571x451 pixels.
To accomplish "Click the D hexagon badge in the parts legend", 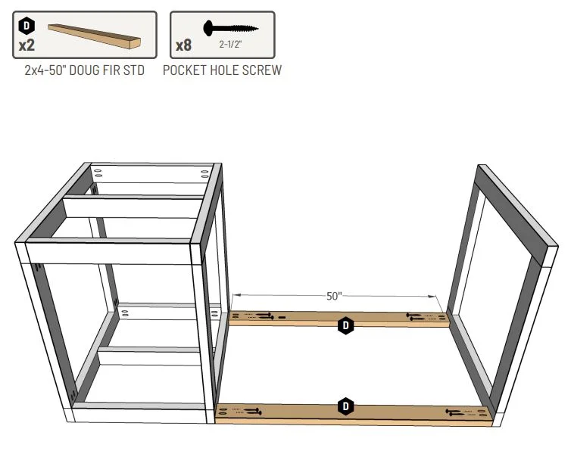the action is click(x=27, y=26).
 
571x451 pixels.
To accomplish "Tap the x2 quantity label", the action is click(x=27, y=45).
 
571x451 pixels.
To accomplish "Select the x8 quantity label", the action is click(x=183, y=45).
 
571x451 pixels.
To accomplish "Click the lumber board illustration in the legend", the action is click(x=95, y=36).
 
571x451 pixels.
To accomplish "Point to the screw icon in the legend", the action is click(x=230, y=28).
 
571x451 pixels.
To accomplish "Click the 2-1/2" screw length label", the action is click(x=230, y=45).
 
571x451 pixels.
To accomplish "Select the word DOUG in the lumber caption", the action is click(x=83, y=70).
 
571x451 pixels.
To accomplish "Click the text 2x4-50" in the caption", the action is click(x=45, y=70).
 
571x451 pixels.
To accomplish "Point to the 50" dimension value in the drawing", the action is click(x=334, y=296).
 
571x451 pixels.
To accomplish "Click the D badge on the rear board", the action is click(x=345, y=325).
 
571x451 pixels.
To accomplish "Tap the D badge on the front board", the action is click(x=345, y=406).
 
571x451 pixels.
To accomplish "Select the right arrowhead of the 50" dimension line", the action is click(x=432, y=297).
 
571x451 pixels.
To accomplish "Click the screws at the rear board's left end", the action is click(x=265, y=316).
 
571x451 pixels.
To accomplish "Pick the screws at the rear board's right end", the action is click(x=416, y=316).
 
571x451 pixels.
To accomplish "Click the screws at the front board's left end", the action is click(x=252, y=412).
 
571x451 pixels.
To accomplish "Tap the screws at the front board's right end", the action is click(x=455, y=412).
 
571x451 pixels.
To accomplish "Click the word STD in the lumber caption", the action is click(x=134, y=70).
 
